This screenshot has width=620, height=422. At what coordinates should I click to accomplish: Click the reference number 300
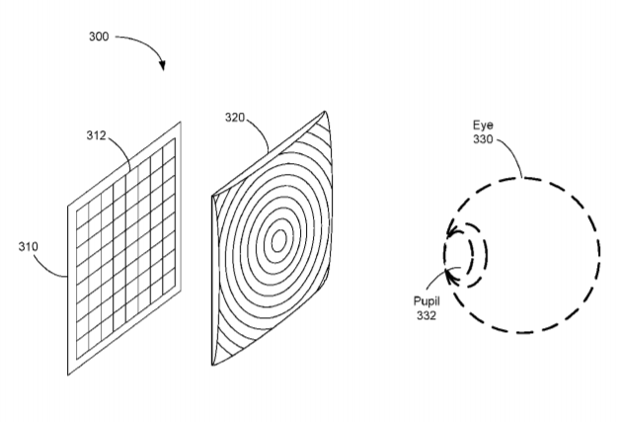(x=99, y=37)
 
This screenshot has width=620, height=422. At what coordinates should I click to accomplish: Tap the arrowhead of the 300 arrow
(x=162, y=65)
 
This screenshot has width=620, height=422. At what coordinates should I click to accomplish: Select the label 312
(x=96, y=135)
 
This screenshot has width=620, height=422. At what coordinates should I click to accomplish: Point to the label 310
(x=28, y=247)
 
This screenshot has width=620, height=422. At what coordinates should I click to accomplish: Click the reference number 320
(x=235, y=118)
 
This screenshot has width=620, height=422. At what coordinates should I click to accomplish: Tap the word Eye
(x=483, y=126)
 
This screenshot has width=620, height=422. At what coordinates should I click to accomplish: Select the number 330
(x=483, y=139)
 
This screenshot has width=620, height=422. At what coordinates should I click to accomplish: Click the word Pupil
(x=426, y=301)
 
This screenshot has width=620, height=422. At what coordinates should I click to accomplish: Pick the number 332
(x=426, y=315)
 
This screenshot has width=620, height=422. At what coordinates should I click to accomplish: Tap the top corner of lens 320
(x=325, y=112)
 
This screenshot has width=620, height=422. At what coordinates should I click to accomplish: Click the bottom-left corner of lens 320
(x=212, y=365)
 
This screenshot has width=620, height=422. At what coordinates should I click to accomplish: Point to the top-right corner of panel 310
(x=181, y=123)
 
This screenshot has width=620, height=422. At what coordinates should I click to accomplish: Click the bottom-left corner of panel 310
(x=68, y=375)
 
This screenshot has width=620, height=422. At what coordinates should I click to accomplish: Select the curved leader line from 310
(x=47, y=269)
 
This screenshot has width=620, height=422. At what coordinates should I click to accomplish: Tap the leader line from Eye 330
(x=512, y=152)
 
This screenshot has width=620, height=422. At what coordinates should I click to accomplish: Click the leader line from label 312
(x=122, y=148)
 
